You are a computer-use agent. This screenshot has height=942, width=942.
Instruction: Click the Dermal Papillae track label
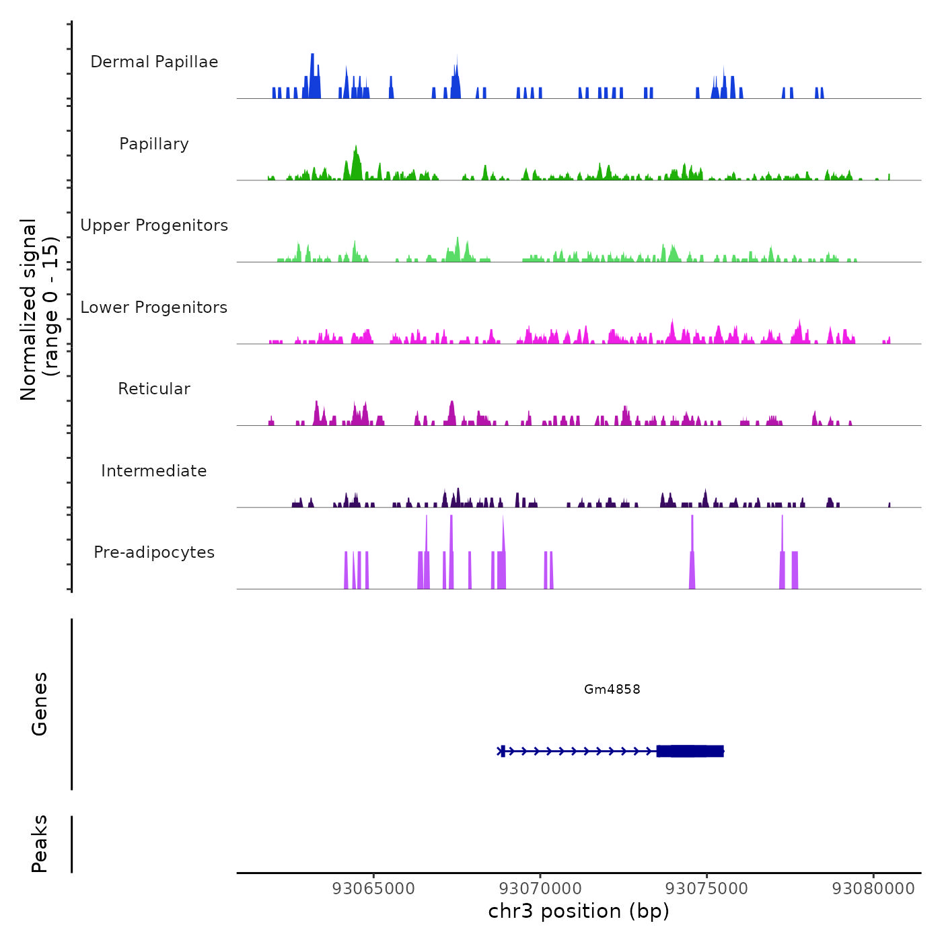coord(154,62)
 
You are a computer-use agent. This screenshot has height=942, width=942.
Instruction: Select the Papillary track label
coord(154,144)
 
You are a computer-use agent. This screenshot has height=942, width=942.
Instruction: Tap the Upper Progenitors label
coord(154,225)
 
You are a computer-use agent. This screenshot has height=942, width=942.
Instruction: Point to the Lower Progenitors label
coord(154,307)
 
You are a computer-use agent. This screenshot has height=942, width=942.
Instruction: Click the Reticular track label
coord(154,389)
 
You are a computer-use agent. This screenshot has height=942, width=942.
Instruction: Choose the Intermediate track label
coord(154,471)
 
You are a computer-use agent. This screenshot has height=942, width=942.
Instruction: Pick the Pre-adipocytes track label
coord(154,552)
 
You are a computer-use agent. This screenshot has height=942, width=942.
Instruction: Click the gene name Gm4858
coord(612,689)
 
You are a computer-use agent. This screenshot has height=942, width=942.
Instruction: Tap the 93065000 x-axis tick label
coord(373,888)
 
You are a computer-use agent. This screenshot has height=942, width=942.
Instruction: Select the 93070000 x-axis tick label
coord(540,888)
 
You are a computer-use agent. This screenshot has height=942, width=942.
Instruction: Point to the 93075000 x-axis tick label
coord(706,888)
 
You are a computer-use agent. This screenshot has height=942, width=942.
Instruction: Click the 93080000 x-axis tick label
coord(873,888)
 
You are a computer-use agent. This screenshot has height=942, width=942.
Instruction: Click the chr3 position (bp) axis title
coord(579,911)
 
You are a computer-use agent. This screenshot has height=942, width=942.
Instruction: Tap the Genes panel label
coord(40,703)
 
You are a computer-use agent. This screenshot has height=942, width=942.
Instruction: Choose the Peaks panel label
coord(40,844)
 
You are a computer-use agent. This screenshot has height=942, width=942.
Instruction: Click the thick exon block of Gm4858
coord(690,751)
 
